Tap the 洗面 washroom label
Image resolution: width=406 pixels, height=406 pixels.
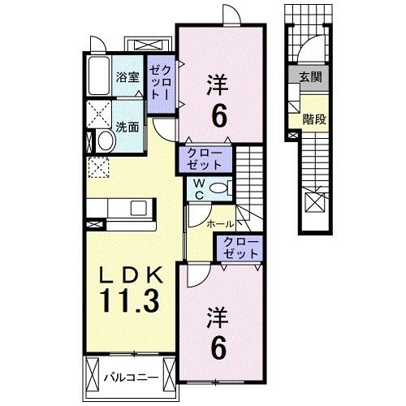coord(126,127)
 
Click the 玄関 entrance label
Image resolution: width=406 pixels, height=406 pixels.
coord(309,77)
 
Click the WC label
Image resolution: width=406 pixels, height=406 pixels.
coord(197,189)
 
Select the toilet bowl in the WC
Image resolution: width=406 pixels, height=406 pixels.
coord(218,188)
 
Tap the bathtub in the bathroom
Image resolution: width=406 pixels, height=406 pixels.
coord(98,78)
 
